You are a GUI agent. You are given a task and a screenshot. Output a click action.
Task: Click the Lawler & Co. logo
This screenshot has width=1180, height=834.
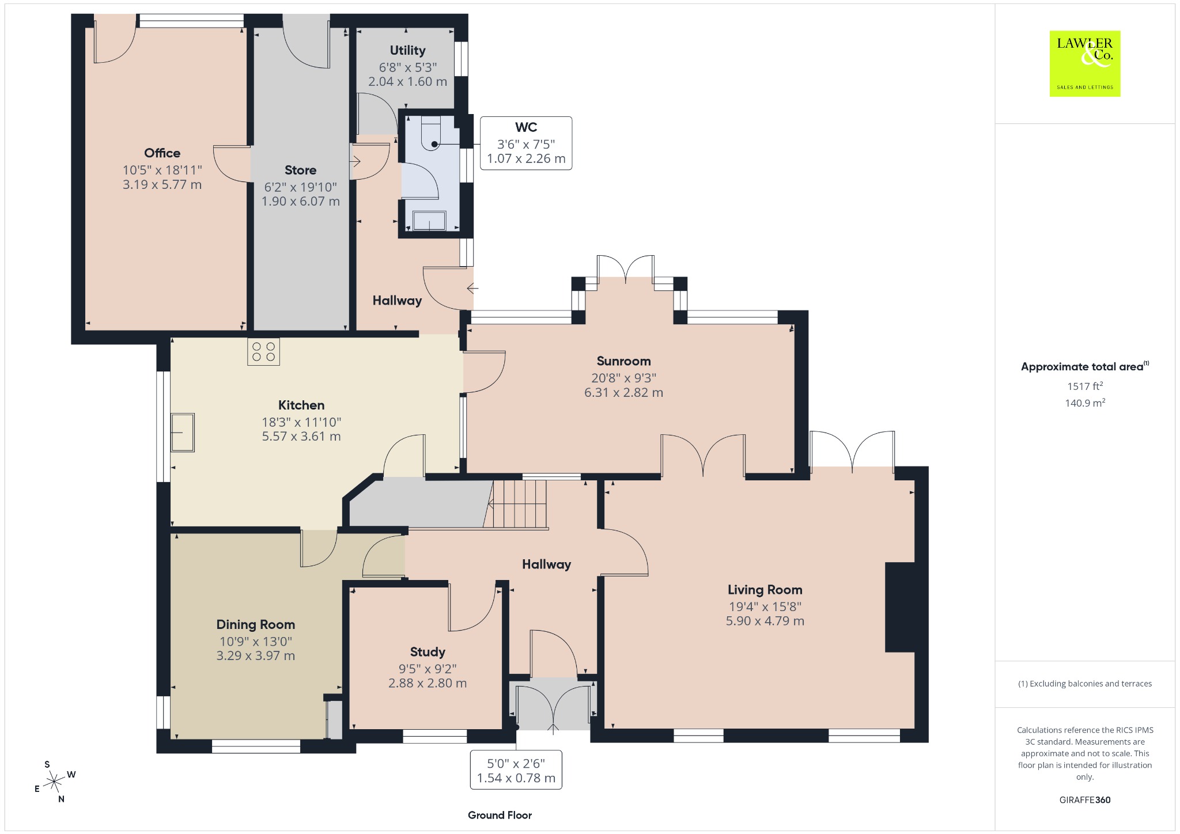[x=1084, y=63]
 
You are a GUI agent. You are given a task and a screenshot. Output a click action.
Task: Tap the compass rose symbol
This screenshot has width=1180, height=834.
[x=54, y=782]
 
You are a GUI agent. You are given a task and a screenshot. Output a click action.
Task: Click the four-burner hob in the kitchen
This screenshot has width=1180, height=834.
[x=263, y=352]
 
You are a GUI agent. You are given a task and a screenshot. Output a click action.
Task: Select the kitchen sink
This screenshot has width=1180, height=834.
[x=183, y=432]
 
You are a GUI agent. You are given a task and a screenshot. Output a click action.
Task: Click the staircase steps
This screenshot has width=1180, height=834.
[x=516, y=504]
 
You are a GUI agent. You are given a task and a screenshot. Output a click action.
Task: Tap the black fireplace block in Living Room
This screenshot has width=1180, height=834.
[x=900, y=607]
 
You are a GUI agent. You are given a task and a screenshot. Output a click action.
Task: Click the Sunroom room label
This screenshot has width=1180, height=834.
[x=623, y=361]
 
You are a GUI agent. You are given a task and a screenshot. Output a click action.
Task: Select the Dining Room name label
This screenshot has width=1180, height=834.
[x=256, y=624]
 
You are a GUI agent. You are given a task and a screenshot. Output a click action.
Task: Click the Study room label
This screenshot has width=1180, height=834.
[x=428, y=651]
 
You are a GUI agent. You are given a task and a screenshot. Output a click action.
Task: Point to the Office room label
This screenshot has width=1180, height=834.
[x=162, y=153]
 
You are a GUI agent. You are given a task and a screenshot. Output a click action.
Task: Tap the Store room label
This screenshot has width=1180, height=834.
[x=300, y=170]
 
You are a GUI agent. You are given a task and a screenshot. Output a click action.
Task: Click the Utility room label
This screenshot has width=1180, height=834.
[x=407, y=50]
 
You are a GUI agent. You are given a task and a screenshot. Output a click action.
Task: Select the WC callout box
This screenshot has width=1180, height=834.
[x=526, y=143]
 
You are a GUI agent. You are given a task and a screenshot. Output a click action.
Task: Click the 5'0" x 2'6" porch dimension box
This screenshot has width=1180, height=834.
[x=516, y=770]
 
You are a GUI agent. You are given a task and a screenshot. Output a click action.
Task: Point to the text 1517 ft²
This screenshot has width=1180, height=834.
[x=1085, y=386]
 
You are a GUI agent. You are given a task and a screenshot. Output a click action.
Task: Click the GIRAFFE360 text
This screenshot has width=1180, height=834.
[x=1085, y=799]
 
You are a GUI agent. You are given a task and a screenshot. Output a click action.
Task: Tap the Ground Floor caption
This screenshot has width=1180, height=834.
[x=500, y=815]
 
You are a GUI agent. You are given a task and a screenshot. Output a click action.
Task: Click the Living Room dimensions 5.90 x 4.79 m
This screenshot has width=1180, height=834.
[x=765, y=621]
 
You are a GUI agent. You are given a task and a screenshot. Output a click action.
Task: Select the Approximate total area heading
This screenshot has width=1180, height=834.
[x=1084, y=366]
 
